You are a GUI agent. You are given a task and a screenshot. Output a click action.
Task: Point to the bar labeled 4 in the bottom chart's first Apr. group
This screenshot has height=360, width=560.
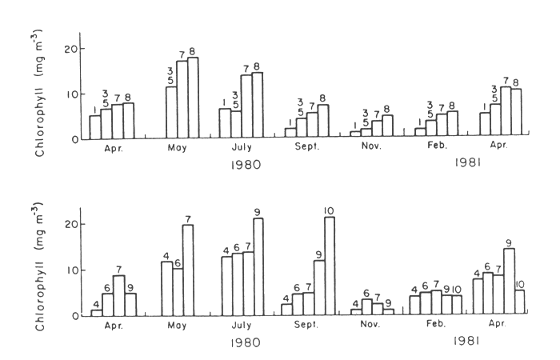coord(97,313)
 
